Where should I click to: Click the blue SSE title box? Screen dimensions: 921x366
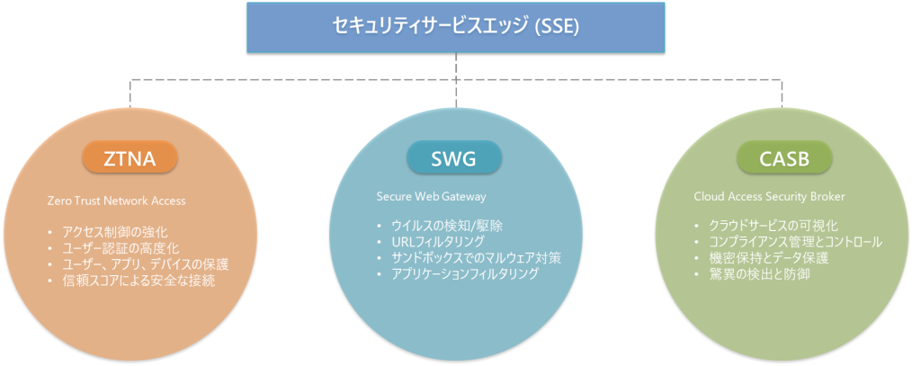pos(456,28)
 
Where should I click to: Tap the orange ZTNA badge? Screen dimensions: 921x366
pos(130,156)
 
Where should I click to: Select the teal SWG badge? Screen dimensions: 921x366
pos(454,157)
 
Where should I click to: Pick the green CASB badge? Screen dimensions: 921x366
pos(784,157)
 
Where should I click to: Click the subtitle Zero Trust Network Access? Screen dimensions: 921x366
pos(116,201)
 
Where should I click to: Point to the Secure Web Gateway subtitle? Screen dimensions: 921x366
pos(431,197)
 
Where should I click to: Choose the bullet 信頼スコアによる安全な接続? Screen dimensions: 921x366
pos(139,281)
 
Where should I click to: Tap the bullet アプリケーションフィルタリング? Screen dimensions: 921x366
pos(465,273)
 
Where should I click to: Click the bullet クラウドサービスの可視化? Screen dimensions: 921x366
pos(773,226)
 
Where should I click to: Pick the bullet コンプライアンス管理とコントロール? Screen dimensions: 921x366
pos(796,242)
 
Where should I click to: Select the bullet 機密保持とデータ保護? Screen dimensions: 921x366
pos(769,258)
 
